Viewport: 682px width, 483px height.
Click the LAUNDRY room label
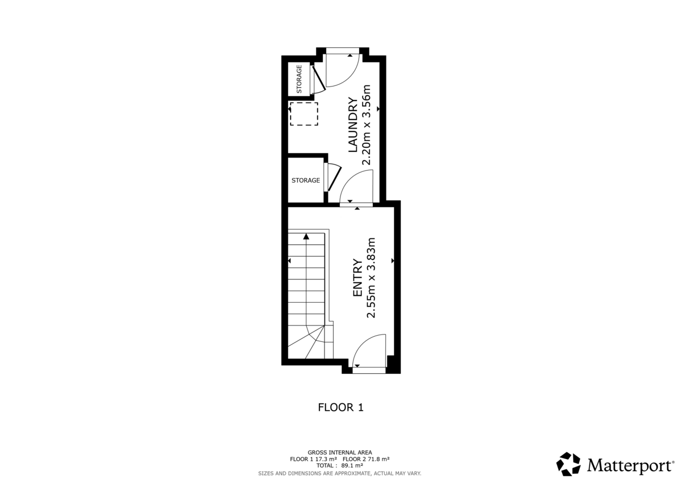pos(352,125)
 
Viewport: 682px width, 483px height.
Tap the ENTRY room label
pos(358,278)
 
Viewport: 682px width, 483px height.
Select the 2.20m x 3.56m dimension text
pos(367,125)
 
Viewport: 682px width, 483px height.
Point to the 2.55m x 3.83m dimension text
pos(372,278)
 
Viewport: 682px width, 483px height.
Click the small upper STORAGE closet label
pos(300,80)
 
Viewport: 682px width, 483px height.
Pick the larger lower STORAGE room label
pos(306,180)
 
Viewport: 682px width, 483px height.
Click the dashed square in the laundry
pos(304,114)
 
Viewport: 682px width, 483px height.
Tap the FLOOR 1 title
pos(340,407)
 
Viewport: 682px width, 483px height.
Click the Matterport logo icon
pos(568,464)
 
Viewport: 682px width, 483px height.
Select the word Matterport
pos(630,465)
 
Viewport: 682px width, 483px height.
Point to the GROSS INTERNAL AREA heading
pos(340,452)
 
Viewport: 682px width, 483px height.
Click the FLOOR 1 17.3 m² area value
pos(314,459)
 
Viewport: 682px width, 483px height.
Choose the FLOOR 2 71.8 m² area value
pos(366,459)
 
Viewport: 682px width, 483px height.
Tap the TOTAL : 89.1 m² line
pos(340,465)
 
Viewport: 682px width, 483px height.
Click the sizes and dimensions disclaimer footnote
pos(340,473)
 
